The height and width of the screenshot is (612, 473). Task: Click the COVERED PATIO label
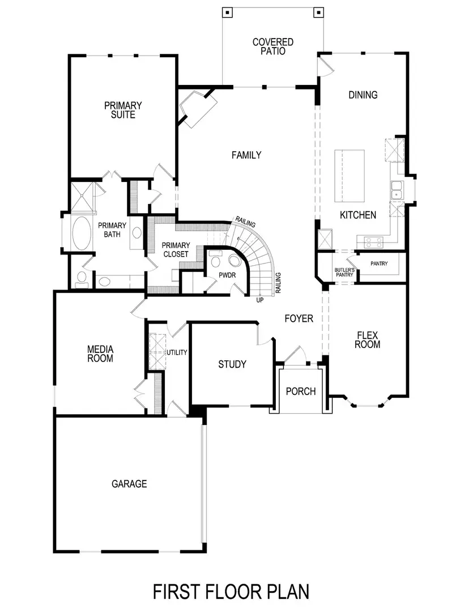273,46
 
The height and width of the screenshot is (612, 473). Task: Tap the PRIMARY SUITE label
123,110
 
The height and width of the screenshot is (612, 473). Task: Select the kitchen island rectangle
350,176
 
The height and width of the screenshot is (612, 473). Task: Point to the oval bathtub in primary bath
83,233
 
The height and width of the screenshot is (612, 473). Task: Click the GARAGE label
129,484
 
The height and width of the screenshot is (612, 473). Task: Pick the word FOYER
299,319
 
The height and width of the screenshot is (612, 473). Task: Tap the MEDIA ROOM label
100,354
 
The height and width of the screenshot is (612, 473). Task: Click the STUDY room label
232,364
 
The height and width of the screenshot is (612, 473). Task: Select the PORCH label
300,392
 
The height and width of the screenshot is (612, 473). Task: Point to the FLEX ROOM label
368,339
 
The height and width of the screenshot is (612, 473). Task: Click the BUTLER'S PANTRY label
344,273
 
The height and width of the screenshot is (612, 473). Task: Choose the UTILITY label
177,352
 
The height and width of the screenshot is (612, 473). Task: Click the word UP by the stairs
259,300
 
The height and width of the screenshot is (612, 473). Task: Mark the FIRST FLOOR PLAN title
231,592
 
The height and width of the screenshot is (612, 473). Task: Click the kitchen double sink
397,190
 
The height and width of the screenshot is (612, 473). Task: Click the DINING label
363,95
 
